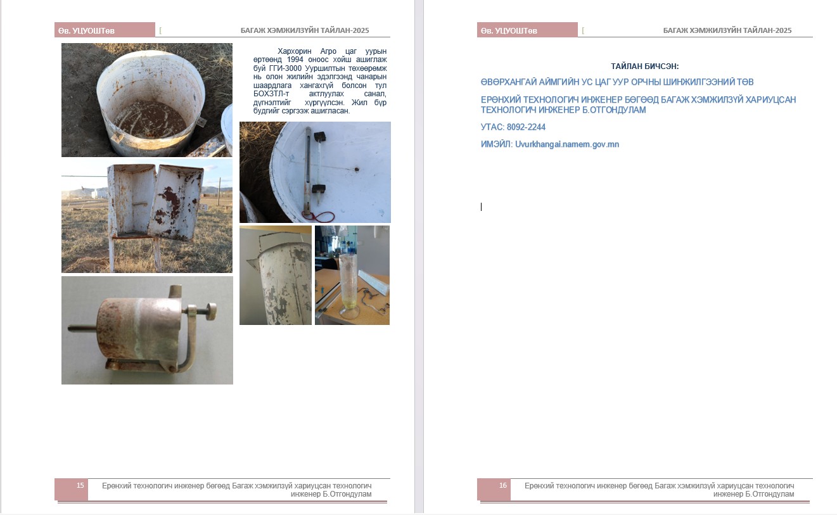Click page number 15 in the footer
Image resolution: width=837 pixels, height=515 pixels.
[x=80, y=485]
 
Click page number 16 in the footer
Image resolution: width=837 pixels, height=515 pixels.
[x=503, y=485]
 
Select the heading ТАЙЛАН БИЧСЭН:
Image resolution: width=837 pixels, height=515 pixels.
[x=644, y=67]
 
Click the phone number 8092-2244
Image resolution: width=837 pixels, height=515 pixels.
[x=526, y=127]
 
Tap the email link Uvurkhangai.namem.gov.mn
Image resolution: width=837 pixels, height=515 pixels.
[x=567, y=144]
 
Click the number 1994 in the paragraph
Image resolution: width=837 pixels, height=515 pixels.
[x=295, y=60]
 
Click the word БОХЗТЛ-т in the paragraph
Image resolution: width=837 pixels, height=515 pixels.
[x=271, y=94]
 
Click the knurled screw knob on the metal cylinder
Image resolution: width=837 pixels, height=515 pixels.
[x=212, y=311]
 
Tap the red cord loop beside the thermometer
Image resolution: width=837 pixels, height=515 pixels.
[x=324, y=217]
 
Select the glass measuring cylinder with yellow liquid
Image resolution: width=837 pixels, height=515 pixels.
[x=348, y=286]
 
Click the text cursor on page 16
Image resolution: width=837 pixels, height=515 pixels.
[x=482, y=207]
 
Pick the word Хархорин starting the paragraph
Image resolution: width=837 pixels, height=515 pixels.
[x=294, y=51]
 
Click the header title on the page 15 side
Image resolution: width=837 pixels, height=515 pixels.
[x=305, y=30]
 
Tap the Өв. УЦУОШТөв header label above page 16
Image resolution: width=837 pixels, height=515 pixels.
[x=509, y=30]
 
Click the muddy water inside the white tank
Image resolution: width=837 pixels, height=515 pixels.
[x=150, y=120]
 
